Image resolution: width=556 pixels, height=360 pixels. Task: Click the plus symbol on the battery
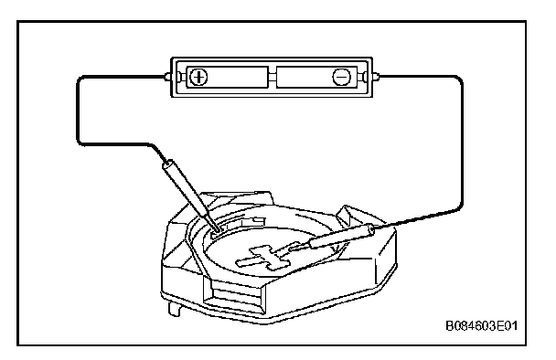coord(198,77)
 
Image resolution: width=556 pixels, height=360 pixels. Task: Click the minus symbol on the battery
coord(341,77)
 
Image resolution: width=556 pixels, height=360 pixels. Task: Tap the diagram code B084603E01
coord(481,325)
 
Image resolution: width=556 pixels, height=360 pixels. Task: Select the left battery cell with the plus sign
coord(227,77)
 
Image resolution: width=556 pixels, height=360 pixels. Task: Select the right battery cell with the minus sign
coord(316,77)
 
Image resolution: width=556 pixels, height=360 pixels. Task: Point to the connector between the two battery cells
coord(272,77)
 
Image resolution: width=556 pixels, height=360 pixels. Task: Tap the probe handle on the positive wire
coord(186,188)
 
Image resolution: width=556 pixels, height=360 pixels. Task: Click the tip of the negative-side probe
coord(291,249)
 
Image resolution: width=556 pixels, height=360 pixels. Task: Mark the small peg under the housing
coord(174,308)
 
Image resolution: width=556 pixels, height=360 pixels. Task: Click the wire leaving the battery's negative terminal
coord(462,142)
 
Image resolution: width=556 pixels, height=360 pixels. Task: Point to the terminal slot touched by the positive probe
coord(217,233)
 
